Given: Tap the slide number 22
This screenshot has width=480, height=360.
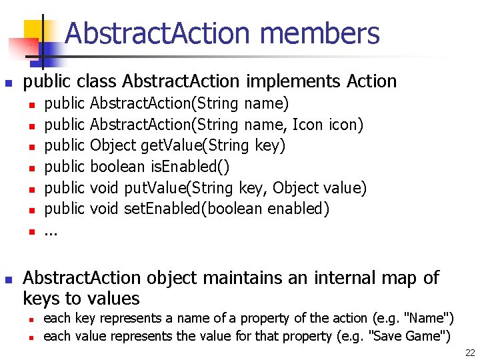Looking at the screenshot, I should tap(470, 353).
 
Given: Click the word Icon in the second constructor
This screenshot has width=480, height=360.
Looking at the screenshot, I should tap(307, 125).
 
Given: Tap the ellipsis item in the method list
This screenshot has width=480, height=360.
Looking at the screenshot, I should tap(51, 231).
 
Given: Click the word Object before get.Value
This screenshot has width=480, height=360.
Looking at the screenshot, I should tap(114, 146).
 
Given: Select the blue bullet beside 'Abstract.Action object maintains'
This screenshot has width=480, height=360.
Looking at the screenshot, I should tap(9, 279).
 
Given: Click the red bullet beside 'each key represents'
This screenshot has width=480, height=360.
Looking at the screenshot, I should tap(31, 319).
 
